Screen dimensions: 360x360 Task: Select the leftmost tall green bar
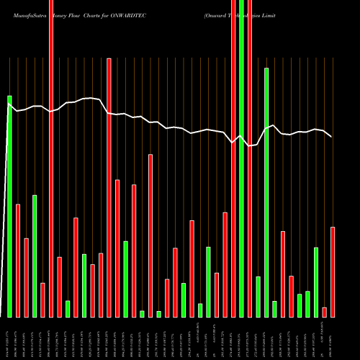(9, 205)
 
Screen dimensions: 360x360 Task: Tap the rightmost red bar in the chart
(333, 271)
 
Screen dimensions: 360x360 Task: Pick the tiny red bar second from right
(324, 312)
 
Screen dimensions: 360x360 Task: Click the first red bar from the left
(18, 260)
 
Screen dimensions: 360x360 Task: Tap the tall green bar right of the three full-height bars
(266, 192)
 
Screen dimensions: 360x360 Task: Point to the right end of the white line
(331, 137)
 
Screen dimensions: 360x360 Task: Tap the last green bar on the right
(316, 282)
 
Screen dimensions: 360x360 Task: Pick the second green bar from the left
(35, 256)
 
